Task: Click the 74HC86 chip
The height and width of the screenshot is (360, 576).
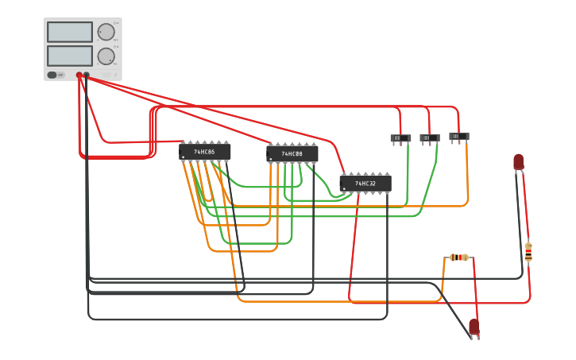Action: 205,151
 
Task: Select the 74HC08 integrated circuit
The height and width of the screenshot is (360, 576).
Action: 292,153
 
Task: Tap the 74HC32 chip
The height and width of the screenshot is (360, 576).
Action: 365,184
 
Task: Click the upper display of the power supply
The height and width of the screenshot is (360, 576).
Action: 70,32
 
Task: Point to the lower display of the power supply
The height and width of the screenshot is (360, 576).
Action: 70,56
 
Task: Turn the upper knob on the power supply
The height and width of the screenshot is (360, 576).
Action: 106,32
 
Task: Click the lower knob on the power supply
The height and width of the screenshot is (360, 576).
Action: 106,56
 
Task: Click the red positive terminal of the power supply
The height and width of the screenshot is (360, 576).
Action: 79,75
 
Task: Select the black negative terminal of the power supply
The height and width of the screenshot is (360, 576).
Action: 87,75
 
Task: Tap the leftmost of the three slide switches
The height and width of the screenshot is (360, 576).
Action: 400,138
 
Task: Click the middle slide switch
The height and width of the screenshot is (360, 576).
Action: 430,137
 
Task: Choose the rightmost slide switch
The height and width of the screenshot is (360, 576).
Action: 459,136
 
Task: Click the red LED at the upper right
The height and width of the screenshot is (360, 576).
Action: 519,161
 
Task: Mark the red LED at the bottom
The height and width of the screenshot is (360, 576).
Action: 474,326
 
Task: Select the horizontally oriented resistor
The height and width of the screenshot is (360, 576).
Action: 459,257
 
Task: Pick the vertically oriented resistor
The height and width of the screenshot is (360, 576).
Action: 528,252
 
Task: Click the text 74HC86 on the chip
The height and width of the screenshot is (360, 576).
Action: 205,151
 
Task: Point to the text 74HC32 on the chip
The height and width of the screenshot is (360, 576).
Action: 365,184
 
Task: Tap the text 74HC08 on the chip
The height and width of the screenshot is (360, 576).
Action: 292,153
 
